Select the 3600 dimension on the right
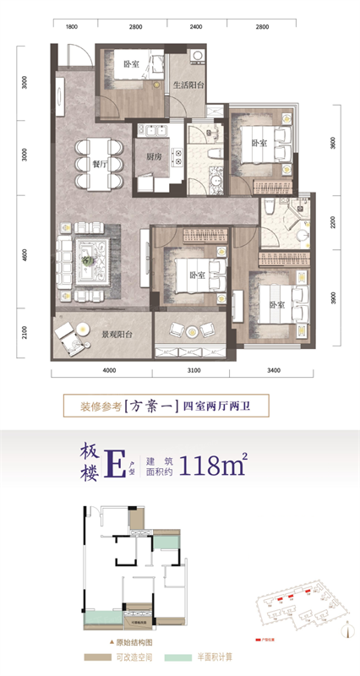[335, 144]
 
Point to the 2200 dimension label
[335, 222]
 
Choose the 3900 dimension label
[335, 296]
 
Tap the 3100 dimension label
[191, 370]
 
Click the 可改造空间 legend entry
[118, 657]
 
